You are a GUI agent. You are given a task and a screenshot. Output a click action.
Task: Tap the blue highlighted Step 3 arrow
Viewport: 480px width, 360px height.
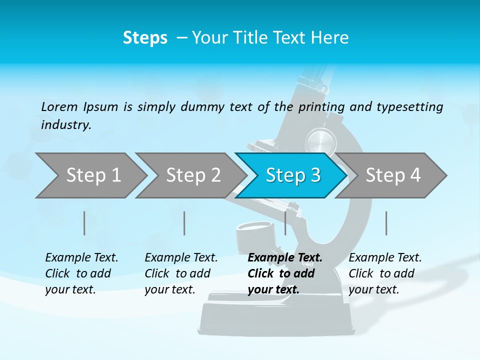(292, 175)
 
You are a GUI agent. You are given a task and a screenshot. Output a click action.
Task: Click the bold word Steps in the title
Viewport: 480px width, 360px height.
(145, 38)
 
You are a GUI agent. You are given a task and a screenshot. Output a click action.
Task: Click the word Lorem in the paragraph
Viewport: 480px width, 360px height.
(59, 106)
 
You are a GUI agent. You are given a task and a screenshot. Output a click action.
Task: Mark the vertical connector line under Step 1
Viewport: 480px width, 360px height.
(84, 223)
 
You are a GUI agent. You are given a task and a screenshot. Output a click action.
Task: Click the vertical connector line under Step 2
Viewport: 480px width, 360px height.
(184, 223)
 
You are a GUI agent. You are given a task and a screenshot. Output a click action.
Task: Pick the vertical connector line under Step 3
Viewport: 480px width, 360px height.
(285, 223)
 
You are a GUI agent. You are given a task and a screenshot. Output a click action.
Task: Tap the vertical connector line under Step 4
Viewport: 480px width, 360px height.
(386, 223)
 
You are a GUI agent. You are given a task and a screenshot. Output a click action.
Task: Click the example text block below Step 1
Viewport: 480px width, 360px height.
(81, 273)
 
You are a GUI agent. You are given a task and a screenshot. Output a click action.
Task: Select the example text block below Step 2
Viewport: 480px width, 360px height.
(181, 273)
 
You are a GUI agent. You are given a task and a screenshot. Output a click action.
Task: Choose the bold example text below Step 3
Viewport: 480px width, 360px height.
(285, 273)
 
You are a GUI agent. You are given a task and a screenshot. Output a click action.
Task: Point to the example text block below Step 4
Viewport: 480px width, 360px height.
(385, 273)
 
